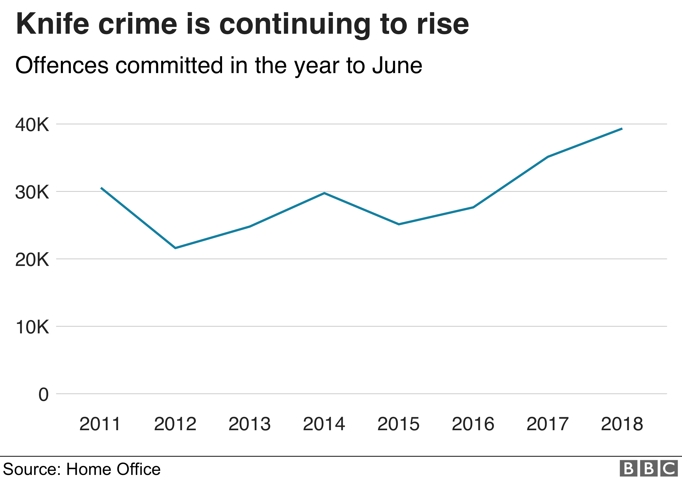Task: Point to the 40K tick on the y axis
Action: coord(32,125)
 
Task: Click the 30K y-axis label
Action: coord(32,192)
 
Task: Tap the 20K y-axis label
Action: coord(32,260)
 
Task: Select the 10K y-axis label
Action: coord(32,327)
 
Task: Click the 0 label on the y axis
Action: coord(43,395)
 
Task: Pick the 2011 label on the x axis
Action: coord(100,424)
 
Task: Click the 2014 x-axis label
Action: coord(324,424)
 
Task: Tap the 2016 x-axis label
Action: coord(473,424)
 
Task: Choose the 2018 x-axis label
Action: coord(622,424)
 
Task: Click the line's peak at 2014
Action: coord(324,193)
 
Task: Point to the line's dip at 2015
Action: coord(399,224)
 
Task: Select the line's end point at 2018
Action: coord(622,129)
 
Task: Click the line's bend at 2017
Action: coord(548,157)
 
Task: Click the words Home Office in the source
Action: coord(113,469)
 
